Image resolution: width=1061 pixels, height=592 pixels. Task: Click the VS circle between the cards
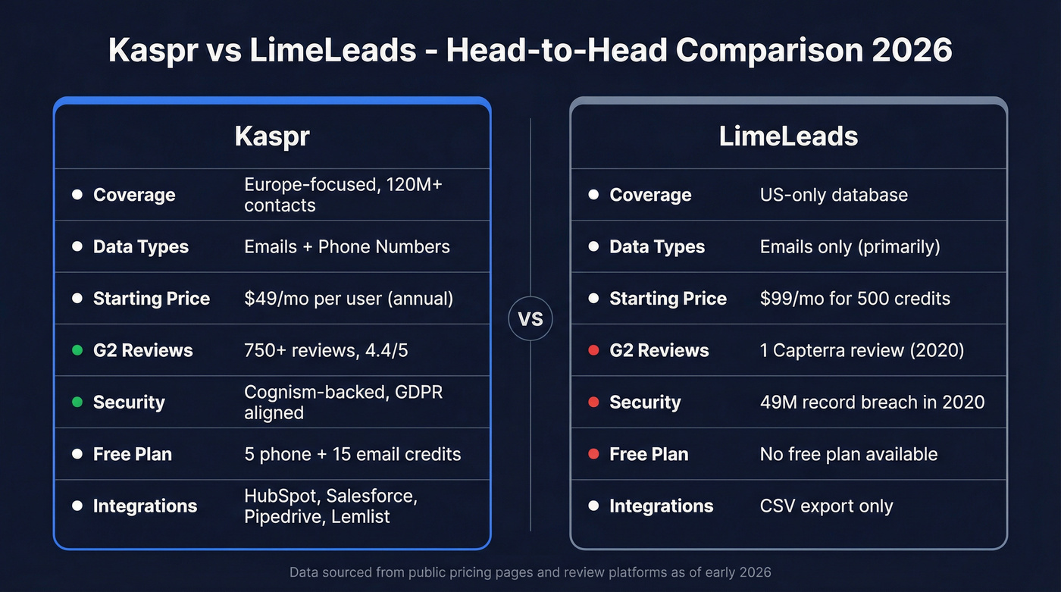tap(530, 319)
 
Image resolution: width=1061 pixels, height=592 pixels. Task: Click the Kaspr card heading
tap(272, 136)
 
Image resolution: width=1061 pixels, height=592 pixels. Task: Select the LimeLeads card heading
tap(788, 136)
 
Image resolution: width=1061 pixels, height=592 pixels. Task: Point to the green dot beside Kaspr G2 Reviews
tap(77, 350)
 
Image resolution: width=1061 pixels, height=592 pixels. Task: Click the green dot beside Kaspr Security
tap(77, 402)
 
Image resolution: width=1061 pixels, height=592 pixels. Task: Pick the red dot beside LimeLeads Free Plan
tap(593, 454)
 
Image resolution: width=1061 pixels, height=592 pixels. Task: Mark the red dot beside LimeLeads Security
tap(593, 402)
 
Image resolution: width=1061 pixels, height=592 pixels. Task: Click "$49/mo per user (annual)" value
tap(349, 299)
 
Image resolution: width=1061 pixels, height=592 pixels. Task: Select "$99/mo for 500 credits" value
tap(855, 299)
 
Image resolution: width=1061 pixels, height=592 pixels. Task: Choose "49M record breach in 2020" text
tap(872, 402)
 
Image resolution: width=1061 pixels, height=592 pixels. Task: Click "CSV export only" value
tap(826, 506)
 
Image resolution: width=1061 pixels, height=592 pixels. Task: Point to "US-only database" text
tap(834, 195)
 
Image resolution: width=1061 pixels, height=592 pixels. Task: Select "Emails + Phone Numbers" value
tap(347, 246)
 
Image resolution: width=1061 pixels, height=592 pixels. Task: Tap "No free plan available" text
tap(849, 454)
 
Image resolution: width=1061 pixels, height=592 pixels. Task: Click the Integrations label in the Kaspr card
tap(145, 506)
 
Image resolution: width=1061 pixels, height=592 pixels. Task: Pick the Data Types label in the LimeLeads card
tap(657, 246)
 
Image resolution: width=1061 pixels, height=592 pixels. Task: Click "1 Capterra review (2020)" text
tap(862, 350)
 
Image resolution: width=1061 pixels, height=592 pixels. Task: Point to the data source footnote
tap(530, 572)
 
